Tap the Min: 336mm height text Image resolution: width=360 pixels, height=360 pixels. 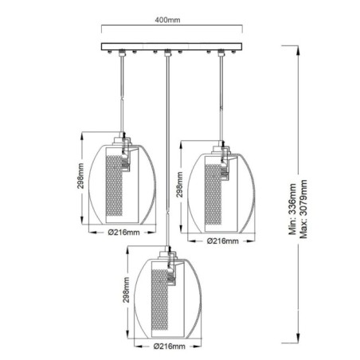click(x=294, y=213)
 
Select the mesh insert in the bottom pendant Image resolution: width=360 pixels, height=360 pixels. click(x=167, y=298)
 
